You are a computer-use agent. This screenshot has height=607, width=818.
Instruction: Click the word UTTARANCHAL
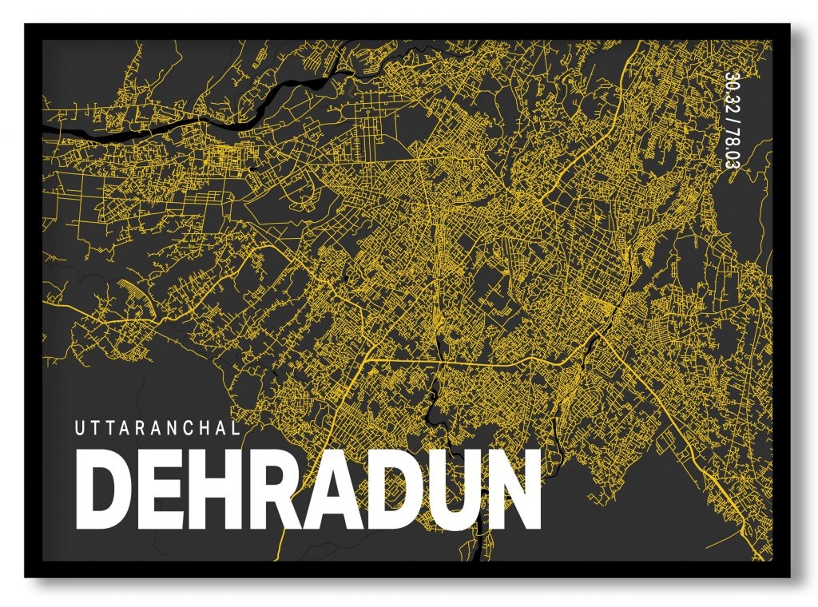[158, 428]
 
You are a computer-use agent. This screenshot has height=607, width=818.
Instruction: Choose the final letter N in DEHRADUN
[512, 492]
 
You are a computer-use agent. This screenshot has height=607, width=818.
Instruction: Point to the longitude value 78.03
[730, 149]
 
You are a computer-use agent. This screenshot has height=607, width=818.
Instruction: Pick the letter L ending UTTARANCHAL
[236, 428]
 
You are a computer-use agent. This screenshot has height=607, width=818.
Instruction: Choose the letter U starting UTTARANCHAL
[80, 428]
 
